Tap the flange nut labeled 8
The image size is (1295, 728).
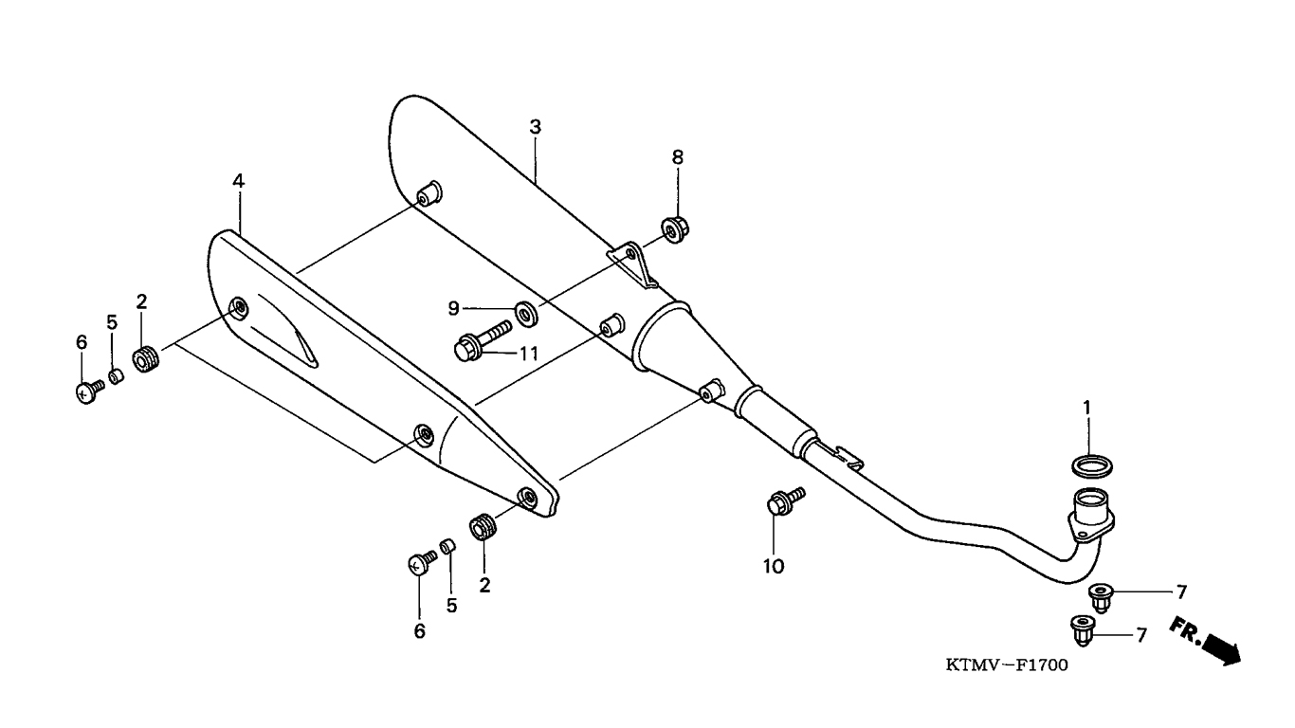click(x=674, y=229)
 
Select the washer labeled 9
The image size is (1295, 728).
click(x=527, y=314)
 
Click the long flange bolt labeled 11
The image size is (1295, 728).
click(x=483, y=341)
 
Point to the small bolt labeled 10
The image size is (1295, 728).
click(x=785, y=500)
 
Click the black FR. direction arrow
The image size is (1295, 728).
click(x=1222, y=647)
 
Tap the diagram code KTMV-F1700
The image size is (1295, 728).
click(x=1007, y=665)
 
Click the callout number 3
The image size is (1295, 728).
click(x=536, y=127)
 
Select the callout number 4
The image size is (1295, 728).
click(x=239, y=181)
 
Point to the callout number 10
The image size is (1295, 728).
click(x=774, y=566)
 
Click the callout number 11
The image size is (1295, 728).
click(x=528, y=354)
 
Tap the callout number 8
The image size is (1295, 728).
click(x=678, y=156)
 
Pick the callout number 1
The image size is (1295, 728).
click(x=1086, y=408)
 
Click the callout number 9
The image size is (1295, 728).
click(x=454, y=309)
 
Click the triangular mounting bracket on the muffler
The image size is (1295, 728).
click(x=635, y=264)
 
